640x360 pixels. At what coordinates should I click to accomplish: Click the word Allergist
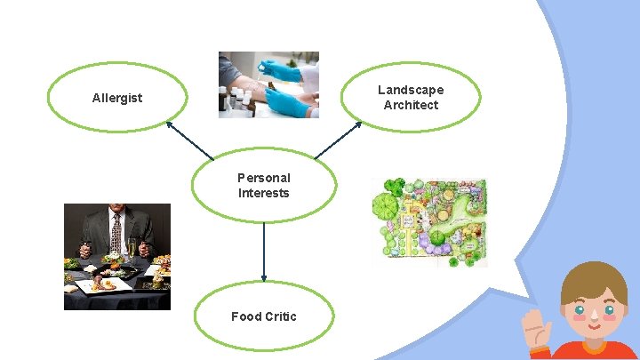tap(116, 98)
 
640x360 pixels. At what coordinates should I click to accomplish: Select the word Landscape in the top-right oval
tap(411, 90)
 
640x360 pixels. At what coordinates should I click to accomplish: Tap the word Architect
tap(411, 105)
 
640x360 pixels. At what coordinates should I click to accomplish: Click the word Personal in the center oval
tap(263, 178)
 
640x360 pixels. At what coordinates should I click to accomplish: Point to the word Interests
tap(263, 193)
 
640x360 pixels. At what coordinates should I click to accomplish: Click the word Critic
tap(280, 316)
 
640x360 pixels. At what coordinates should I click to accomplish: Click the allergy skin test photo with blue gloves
tap(268, 84)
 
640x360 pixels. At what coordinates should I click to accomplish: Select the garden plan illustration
tap(429, 222)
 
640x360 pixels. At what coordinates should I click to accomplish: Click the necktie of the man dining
tap(116, 233)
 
